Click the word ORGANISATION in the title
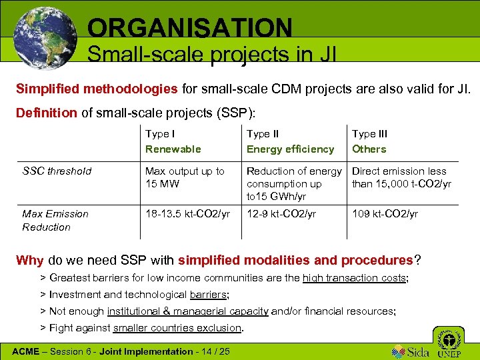(189, 27)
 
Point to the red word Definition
(46, 113)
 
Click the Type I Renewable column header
(173, 141)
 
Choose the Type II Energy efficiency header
(290, 141)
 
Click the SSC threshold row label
(57, 171)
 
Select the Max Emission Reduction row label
(55, 220)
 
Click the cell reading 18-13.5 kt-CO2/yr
(187, 213)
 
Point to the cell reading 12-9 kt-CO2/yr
(281, 213)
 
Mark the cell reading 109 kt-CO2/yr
(385, 213)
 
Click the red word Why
(29, 260)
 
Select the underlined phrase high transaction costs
(353, 278)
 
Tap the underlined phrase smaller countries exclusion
(177, 327)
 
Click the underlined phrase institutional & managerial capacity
(187, 311)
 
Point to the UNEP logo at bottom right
(449, 341)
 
